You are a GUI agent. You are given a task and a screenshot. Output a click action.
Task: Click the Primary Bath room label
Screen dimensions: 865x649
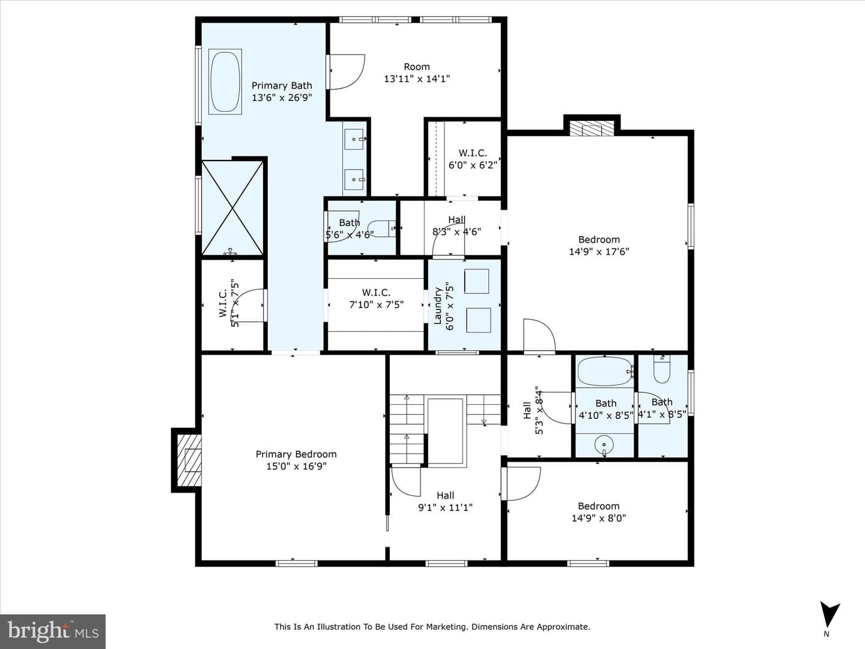click(282, 85)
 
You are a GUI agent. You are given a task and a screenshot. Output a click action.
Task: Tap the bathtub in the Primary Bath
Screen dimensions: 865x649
click(225, 82)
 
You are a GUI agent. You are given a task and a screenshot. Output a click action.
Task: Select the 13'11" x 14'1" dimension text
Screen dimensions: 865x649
click(417, 79)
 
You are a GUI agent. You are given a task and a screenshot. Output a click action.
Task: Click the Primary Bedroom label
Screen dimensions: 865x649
click(296, 454)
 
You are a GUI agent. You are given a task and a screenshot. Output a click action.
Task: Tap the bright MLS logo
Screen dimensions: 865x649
click(53, 631)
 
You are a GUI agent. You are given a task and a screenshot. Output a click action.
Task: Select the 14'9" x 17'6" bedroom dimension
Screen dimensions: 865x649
click(599, 251)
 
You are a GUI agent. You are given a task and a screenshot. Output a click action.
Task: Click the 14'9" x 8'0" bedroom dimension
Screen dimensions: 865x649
click(599, 518)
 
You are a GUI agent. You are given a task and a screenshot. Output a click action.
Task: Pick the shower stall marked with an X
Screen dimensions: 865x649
click(232, 208)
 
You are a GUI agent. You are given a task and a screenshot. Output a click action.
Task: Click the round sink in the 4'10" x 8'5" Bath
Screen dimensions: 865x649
click(604, 445)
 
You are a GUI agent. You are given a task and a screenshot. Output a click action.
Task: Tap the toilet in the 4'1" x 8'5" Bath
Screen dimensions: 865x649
click(661, 369)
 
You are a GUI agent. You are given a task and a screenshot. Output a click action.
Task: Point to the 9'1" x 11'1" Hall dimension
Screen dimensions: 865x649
click(445, 508)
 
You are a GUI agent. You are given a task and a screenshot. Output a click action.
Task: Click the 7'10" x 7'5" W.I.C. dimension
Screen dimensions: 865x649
click(377, 305)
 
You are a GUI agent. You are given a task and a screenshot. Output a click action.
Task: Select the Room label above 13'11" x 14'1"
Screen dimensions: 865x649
click(416, 67)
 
